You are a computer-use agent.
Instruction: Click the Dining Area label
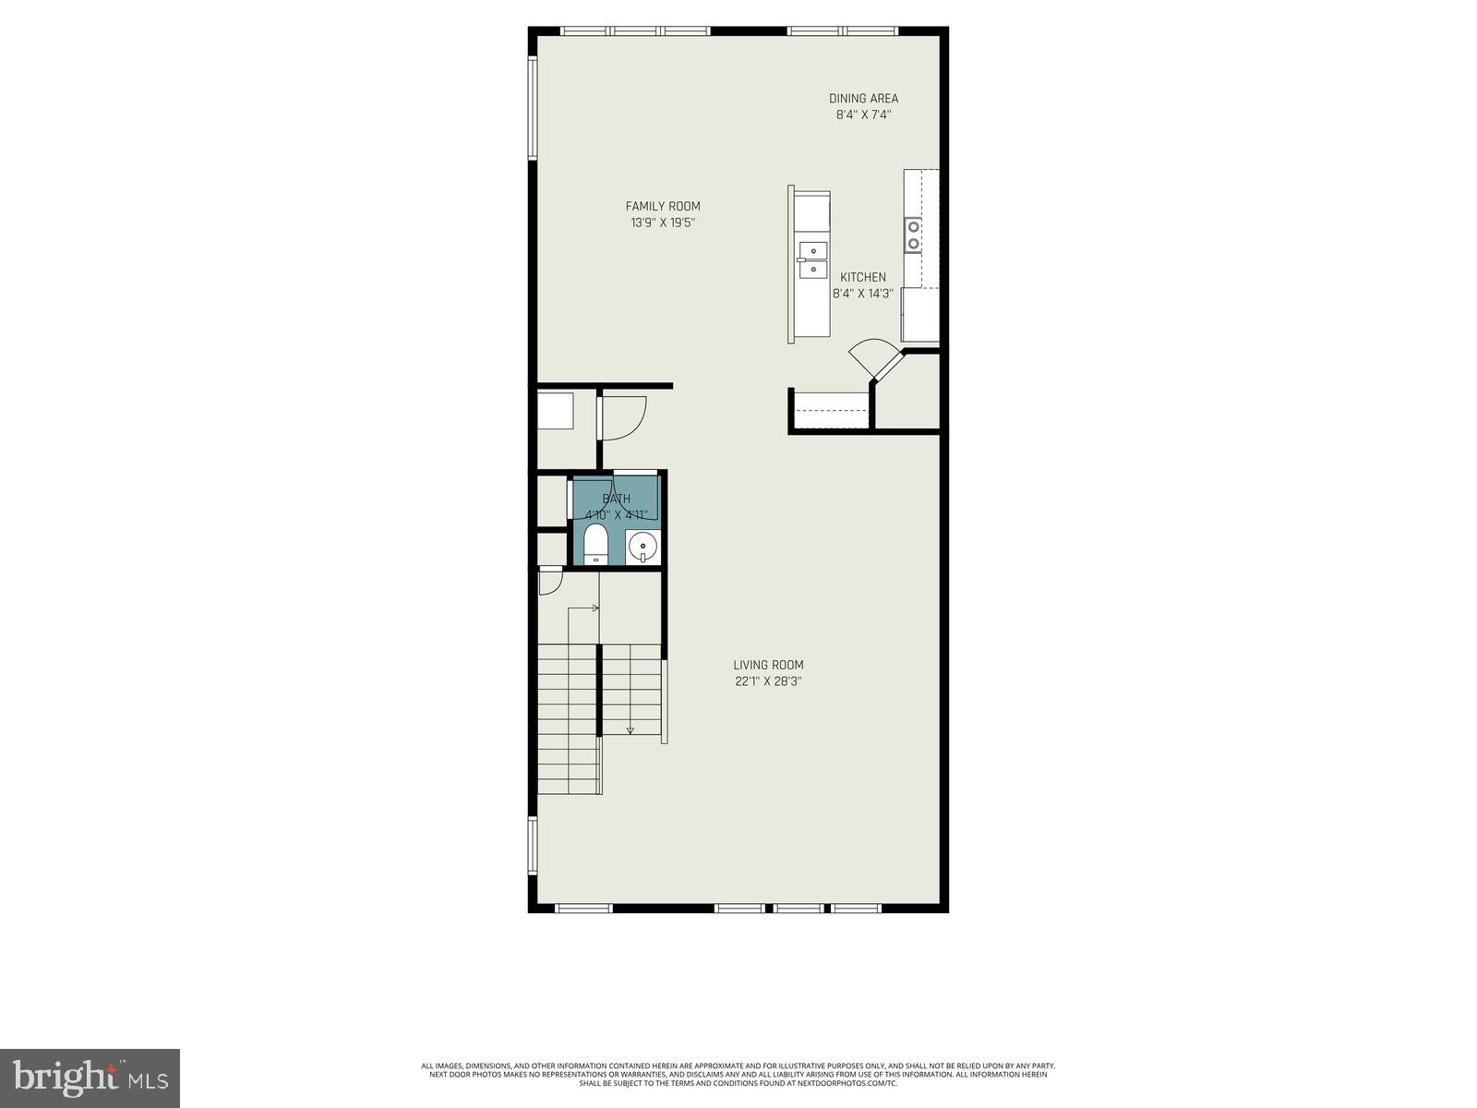pos(863,99)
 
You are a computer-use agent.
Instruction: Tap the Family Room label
pos(663,207)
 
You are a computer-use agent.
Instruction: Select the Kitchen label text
pos(863,277)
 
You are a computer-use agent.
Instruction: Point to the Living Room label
pos(768,665)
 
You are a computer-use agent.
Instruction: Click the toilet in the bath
pos(596,545)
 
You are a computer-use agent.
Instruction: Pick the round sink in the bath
pos(642,548)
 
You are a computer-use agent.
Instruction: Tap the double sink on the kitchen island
pos(813,259)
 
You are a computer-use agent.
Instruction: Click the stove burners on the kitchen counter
pos(913,235)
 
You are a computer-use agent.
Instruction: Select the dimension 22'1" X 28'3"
pos(768,682)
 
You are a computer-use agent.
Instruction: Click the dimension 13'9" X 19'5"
pos(663,223)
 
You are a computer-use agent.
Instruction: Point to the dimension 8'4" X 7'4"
pos(863,115)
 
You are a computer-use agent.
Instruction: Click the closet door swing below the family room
pos(622,416)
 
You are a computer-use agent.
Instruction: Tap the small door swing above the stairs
pos(550,582)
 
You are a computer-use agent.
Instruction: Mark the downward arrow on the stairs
pos(630,729)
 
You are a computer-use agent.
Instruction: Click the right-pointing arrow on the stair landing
pos(594,608)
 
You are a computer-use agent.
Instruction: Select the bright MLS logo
pos(90,1078)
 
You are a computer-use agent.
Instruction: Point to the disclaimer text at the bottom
pos(738,1075)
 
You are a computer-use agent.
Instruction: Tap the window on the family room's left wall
pos(533,107)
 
